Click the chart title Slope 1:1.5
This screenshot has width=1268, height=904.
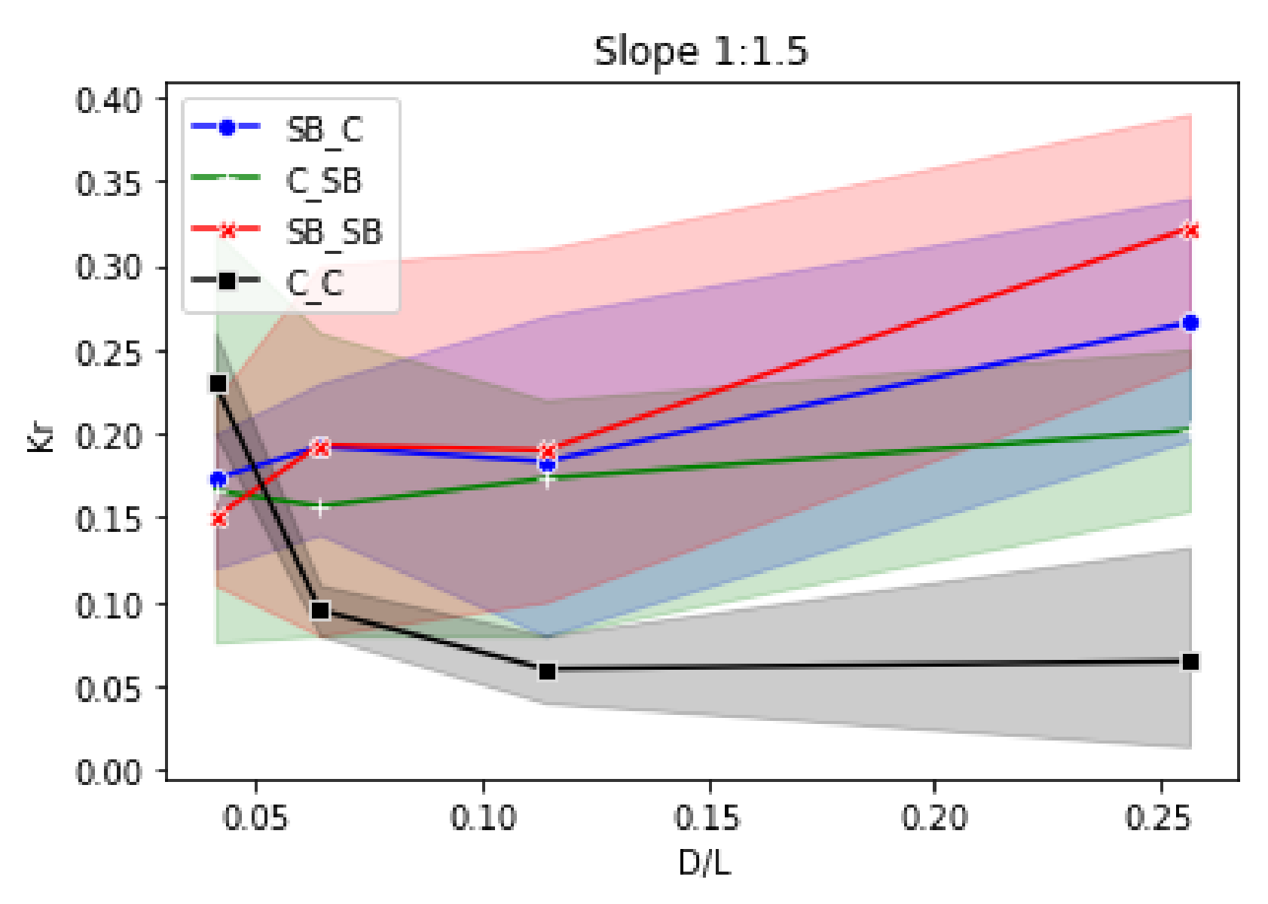pyautogui.click(x=701, y=51)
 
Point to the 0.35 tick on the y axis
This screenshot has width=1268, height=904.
pyautogui.click(x=108, y=183)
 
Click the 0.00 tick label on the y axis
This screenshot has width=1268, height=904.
pyautogui.click(x=108, y=772)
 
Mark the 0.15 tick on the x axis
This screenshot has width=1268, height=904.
pyautogui.click(x=707, y=817)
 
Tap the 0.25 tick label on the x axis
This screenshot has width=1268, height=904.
pyautogui.click(x=1159, y=817)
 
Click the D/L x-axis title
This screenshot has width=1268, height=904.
pyautogui.click(x=704, y=863)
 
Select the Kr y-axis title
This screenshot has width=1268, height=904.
pyautogui.click(x=41, y=435)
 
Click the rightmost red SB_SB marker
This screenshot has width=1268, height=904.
pyautogui.click(x=1190, y=231)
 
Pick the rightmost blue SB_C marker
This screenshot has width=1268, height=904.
pyautogui.click(x=1190, y=322)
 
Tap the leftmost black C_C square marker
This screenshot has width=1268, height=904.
pyautogui.click(x=218, y=383)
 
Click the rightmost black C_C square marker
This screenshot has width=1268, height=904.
pyautogui.click(x=1190, y=661)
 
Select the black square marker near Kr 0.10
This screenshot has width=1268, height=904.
pyautogui.click(x=320, y=609)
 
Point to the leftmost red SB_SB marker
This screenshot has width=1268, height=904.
pyautogui.click(x=218, y=518)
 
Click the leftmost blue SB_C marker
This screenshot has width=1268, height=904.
pyautogui.click(x=218, y=479)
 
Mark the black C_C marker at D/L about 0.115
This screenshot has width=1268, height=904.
pyautogui.click(x=548, y=670)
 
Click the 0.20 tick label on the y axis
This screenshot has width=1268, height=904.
pyautogui.click(x=108, y=436)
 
